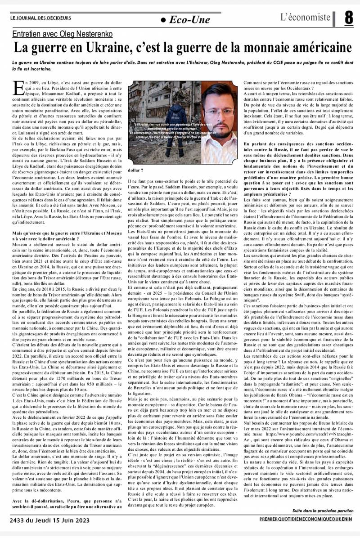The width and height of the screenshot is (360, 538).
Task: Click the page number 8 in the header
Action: pyautogui.click(x=349, y=18)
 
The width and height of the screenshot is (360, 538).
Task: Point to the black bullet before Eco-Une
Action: pyautogui.click(x=162, y=19)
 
